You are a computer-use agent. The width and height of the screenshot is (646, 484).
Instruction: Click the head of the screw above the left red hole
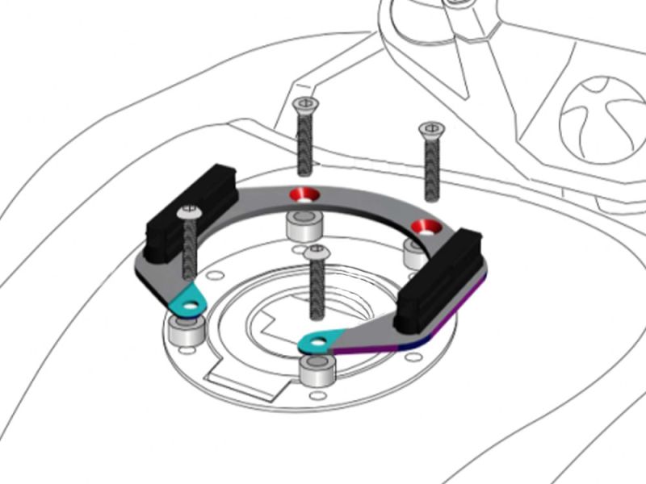click(304, 104)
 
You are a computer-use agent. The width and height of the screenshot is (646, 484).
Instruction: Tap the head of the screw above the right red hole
click(431, 127)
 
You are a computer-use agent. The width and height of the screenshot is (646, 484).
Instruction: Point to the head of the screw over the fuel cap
click(317, 252)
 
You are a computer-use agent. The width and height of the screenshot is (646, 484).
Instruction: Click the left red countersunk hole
click(305, 194)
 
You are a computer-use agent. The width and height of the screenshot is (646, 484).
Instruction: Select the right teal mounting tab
click(318, 342)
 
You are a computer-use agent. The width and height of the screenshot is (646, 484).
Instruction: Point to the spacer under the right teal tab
click(317, 370)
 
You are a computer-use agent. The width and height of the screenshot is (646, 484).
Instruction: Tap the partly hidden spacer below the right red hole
click(413, 252)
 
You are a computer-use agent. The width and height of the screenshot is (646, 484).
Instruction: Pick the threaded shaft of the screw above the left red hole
click(304, 141)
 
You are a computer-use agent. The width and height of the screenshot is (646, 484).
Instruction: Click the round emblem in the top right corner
click(601, 114)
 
